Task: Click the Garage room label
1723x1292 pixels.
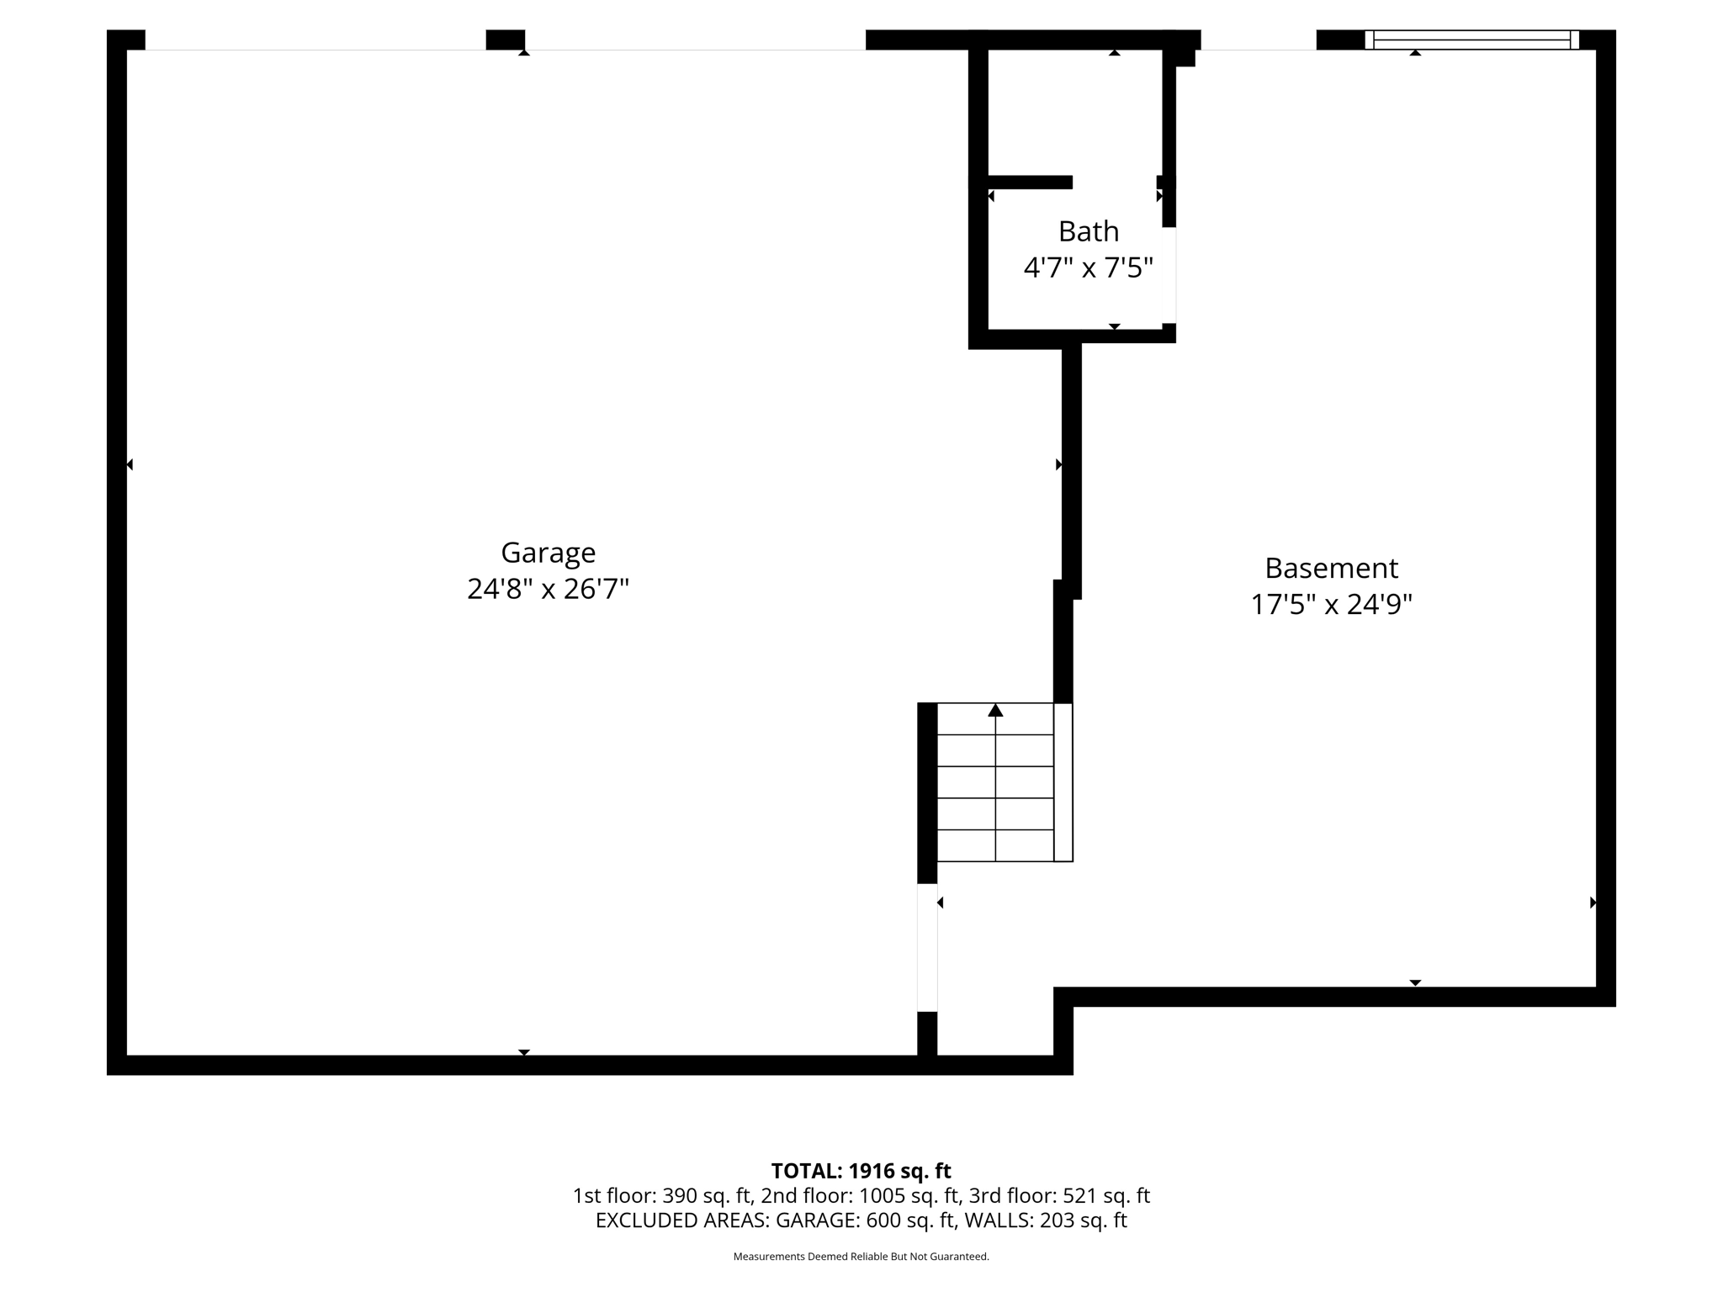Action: point(548,553)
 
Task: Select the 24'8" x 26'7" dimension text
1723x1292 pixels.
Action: point(548,589)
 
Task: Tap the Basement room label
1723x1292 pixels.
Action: point(1331,569)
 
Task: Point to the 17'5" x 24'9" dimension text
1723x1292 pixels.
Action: point(1331,605)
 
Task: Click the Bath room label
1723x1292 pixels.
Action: point(1088,231)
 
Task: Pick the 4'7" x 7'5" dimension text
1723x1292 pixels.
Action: point(1088,268)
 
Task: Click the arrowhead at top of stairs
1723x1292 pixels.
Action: point(995,711)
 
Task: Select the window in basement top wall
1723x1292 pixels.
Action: point(1471,40)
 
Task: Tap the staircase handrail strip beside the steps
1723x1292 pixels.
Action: point(1063,782)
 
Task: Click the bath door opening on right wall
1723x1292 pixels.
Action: point(1169,275)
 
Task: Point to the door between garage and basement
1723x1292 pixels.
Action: point(927,947)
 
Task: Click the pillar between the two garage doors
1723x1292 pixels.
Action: point(506,40)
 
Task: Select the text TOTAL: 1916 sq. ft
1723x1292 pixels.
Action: point(861,1171)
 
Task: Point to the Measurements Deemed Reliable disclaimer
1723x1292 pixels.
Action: point(861,1257)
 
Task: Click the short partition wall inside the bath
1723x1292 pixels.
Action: point(1030,182)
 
